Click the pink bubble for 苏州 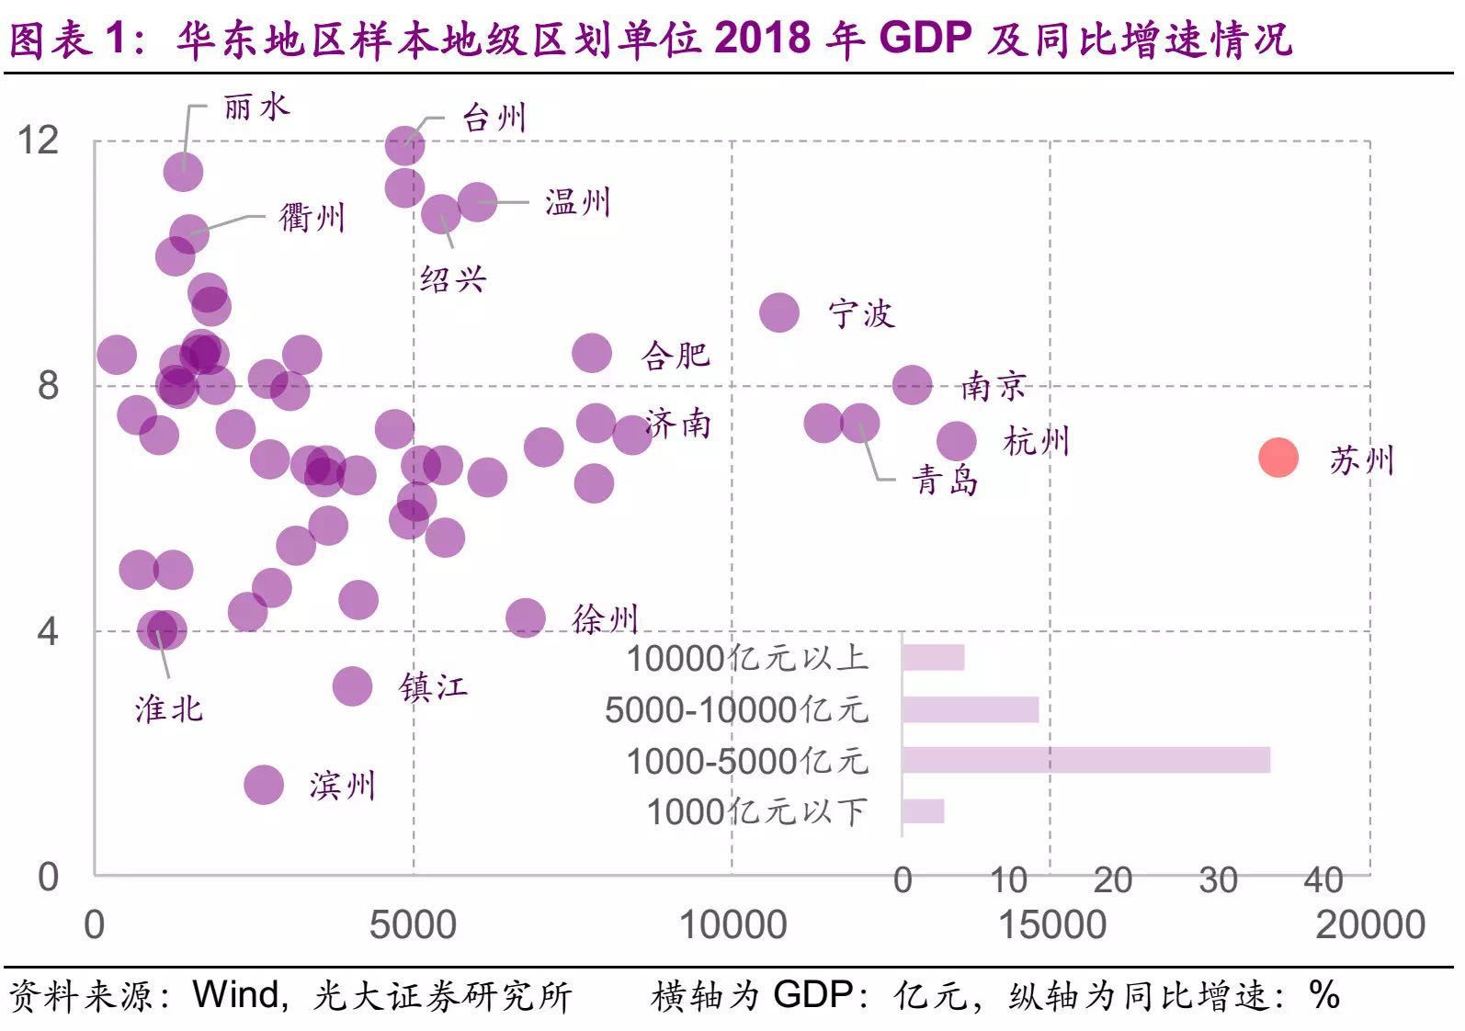(x=1278, y=457)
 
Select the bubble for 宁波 (x=780, y=312)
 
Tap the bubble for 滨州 (x=264, y=784)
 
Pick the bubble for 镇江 (x=352, y=685)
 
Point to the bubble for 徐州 (x=526, y=617)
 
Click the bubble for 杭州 (x=957, y=441)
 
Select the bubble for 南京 (x=913, y=384)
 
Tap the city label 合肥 (x=676, y=355)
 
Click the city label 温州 (x=577, y=202)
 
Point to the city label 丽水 (x=256, y=108)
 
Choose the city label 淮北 (x=169, y=708)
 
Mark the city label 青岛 (x=945, y=480)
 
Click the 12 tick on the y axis (x=38, y=140)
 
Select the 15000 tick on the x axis (x=1051, y=924)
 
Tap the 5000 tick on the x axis (x=413, y=924)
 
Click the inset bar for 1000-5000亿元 (x=1085, y=760)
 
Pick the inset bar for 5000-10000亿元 (x=970, y=709)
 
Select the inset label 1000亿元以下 (x=756, y=812)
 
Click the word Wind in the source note (x=235, y=994)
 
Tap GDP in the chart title (x=925, y=39)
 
